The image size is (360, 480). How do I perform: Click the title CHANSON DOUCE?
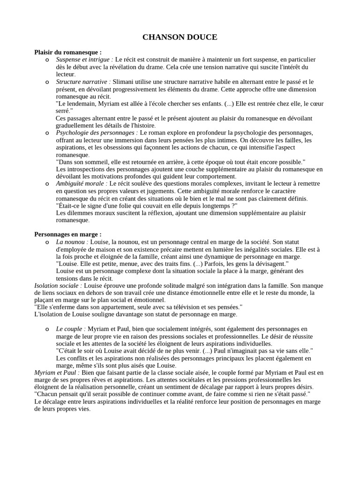(180, 37)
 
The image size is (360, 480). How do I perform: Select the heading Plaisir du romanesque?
(67, 52)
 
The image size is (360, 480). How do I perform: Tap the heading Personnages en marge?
(67, 234)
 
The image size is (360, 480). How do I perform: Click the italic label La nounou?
(72, 241)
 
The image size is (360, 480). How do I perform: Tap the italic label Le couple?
(71, 329)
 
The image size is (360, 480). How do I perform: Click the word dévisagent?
(269, 263)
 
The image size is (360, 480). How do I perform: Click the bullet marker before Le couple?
(47, 329)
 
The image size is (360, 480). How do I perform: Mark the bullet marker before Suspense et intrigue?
(47, 60)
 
